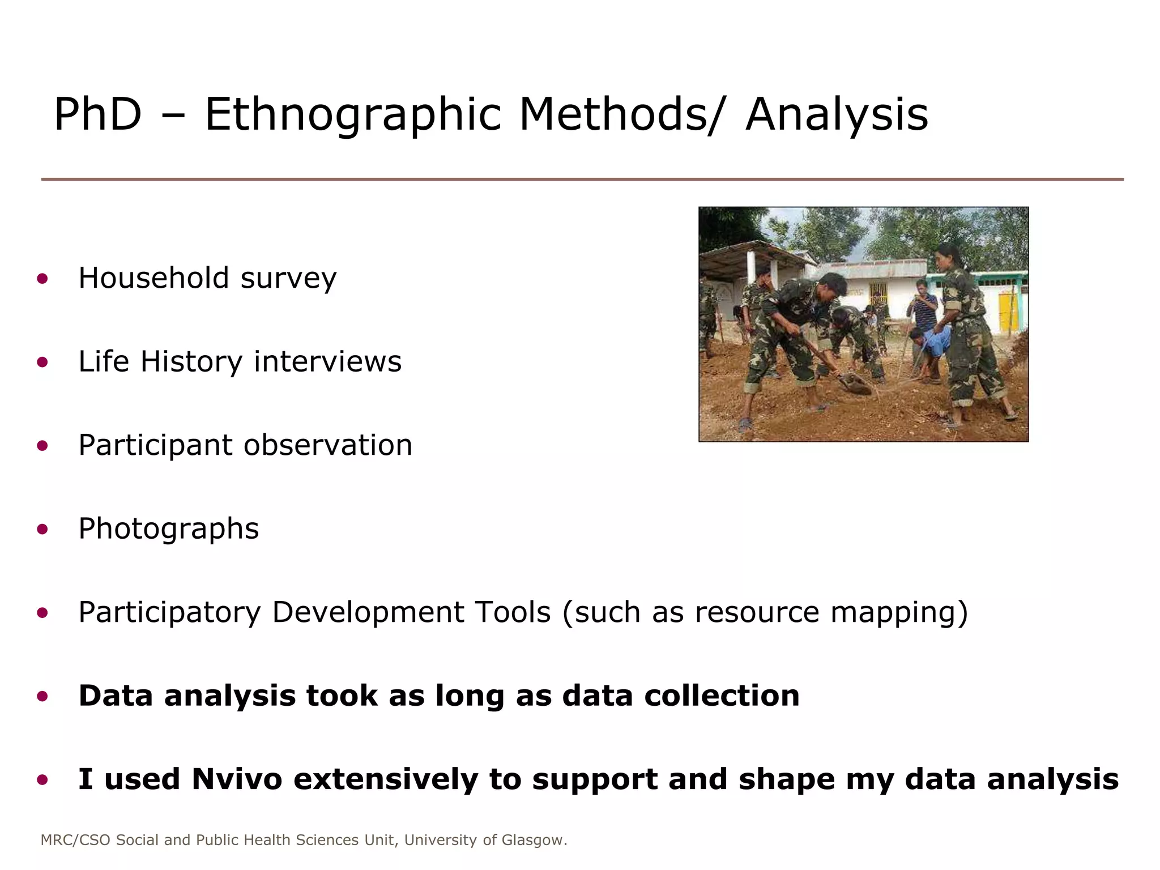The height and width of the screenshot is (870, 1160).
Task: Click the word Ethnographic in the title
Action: pos(352,115)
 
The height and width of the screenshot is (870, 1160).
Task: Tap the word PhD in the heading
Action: pos(97,115)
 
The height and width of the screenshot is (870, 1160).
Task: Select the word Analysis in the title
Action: pos(837,115)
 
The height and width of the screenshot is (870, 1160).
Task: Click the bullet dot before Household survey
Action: pos(42,278)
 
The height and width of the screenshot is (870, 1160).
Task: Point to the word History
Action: pos(191,361)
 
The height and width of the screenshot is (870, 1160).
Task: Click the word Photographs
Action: pos(168,529)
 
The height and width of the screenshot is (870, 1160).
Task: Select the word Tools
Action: pos(512,612)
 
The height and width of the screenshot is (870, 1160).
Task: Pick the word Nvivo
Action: pos(236,779)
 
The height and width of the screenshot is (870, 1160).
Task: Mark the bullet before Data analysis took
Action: pos(42,696)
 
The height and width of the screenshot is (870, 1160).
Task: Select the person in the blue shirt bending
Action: pos(932,346)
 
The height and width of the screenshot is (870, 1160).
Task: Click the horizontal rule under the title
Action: pos(582,180)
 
